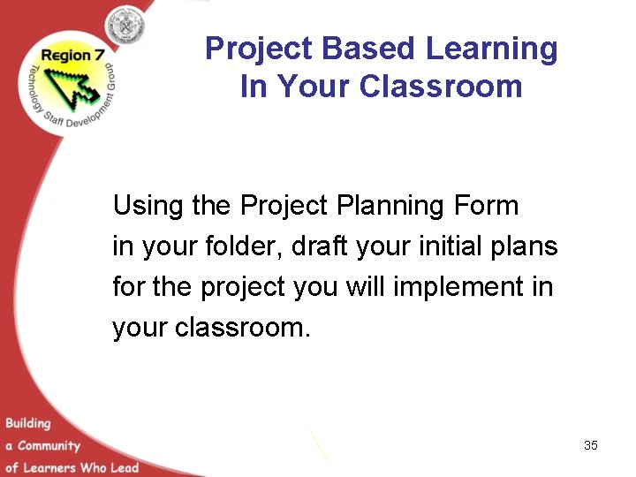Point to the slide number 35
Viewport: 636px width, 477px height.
point(590,445)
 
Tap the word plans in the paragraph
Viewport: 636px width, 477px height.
point(527,246)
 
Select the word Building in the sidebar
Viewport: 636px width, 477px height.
point(28,424)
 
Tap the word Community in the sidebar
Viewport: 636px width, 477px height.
point(49,446)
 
